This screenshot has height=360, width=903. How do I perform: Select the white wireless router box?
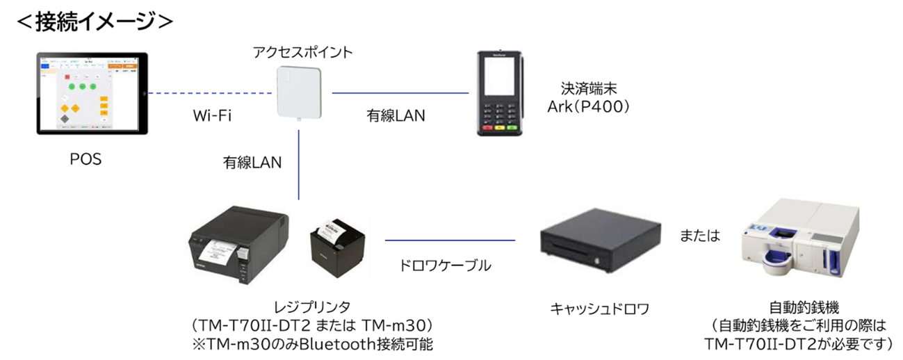coord(299,93)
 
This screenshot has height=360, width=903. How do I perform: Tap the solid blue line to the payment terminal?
coord(400,92)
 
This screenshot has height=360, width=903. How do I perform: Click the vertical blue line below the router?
coord(299,164)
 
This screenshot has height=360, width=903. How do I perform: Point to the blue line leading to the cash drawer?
coord(450,240)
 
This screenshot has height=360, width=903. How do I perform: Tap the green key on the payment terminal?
coord(513,128)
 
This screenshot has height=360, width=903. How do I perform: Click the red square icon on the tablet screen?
coord(67,77)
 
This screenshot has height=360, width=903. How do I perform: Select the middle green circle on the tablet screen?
coord(82,86)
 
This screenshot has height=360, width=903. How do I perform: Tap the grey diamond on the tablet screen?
coord(65,119)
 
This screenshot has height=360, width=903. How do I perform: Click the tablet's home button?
coord(145,93)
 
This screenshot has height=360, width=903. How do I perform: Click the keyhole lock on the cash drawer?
coord(598,261)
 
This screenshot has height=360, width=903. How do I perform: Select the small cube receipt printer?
coord(339,249)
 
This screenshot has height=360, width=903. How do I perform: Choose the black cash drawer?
coord(601,240)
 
